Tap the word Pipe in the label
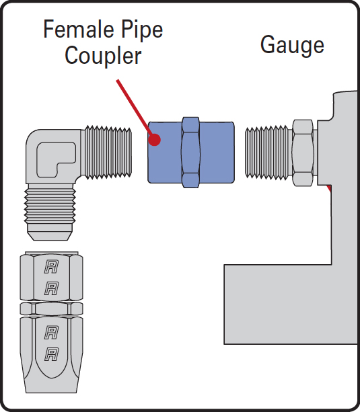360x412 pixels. coord(141,31)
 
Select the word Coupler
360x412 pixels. coord(103,56)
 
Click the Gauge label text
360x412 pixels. coord(292,46)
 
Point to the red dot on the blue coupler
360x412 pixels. coord(155,140)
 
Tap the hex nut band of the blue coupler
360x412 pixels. coord(190,153)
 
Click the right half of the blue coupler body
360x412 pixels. coord(217,153)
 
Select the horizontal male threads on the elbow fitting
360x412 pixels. coord(108,153)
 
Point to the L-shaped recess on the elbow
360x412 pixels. coord(56,159)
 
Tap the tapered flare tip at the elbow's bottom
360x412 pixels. coord(50,232)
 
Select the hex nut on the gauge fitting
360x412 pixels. coord(303,153)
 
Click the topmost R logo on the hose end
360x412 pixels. coord(52,267)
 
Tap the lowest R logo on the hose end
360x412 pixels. coord(52,354)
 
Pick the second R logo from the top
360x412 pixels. coord(52,288)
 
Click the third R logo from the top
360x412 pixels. coord(52,333)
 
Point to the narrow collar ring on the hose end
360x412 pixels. coord(52,308)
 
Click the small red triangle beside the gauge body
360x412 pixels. coord(329,188)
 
